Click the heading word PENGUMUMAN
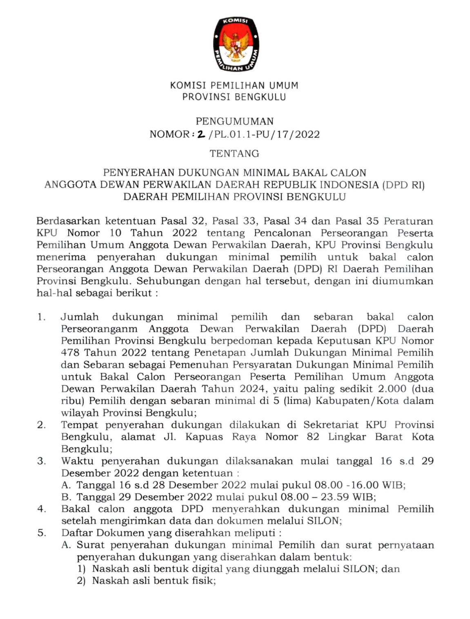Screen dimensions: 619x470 (x=235, y=122)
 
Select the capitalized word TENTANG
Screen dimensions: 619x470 (x=234, y=154)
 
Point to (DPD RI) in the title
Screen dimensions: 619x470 (x=403, y=185)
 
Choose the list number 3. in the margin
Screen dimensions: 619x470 (x=41, y=461)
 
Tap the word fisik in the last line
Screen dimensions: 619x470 (x=205, y=581)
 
